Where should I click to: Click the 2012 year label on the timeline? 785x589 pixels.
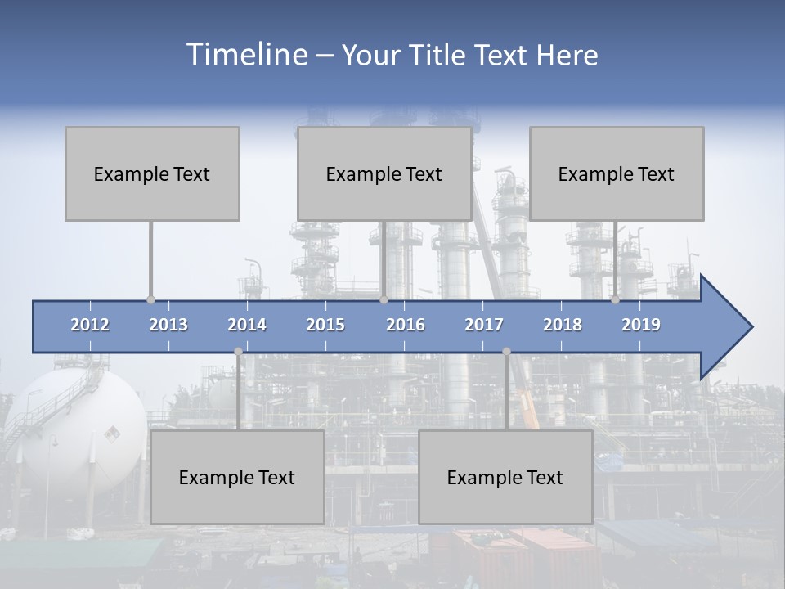(x=90, y=325)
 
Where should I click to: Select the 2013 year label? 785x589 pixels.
(x=168, y=325)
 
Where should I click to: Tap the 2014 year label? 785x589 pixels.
(x=247, y=325)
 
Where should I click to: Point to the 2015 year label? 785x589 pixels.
(x=325, y=325)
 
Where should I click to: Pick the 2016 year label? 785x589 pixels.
(x=406, y=325)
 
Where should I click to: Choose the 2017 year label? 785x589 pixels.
(x=484, y=325)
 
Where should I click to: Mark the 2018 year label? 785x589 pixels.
(x=563, y=325)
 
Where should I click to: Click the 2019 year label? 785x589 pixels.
(x=641, y=325)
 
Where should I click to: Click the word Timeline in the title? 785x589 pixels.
(x=245, y=55)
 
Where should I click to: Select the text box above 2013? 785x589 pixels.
(x=152, y=173)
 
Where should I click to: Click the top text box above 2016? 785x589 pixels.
(x=384, y=173)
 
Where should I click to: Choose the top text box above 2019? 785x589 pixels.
(x=617, y=173)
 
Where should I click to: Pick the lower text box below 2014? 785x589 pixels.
(x=237, y=477)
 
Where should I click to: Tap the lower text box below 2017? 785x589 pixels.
(x=505, y=477)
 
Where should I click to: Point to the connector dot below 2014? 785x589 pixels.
(x=238, y=352)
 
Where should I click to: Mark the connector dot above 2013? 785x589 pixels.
(x=150, y=299)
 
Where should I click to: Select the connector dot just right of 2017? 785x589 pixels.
(x=506, y=352)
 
